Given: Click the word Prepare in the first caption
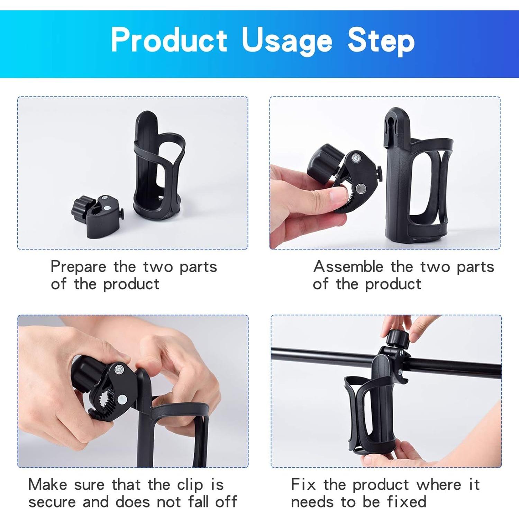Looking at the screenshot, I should (78, 267).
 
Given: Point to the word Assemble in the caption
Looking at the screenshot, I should (348, 267).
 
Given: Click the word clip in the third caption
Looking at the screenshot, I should (190, 485).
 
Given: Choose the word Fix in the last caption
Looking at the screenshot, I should (303, 484).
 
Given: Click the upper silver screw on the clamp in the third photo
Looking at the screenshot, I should (119, 369).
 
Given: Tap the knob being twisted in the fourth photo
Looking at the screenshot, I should (397, 339).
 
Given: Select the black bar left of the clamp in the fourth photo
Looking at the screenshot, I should (322, 356).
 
